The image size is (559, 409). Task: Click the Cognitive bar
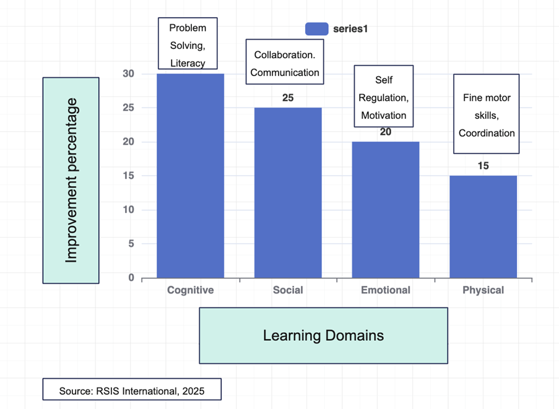coord(190,176)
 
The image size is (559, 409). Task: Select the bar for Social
coord(288,192)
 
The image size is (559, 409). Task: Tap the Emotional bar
coord(386,210)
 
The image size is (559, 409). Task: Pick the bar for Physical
coord(483,226)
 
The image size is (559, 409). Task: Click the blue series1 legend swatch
coord(316,28)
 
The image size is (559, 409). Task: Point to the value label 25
coord(288,97)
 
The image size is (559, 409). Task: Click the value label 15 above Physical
coord(483,166)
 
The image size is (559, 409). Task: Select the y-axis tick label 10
coord(129,210)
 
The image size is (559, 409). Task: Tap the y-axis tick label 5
coord(131,244)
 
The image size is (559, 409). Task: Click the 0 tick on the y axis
coord(131,278)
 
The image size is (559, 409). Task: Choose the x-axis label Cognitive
coord(190,290)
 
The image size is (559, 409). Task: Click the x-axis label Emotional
coord(386,290)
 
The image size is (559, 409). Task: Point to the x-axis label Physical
coord(483,290)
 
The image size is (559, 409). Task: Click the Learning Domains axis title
coord(323,335)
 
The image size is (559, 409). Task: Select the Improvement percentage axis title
coord(71,180)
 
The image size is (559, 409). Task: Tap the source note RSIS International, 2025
coord(132,390)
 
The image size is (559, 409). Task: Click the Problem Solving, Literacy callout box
coord(188,43)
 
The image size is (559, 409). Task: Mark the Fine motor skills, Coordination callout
coord(487,114)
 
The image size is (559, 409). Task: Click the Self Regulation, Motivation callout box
coord(384,96)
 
